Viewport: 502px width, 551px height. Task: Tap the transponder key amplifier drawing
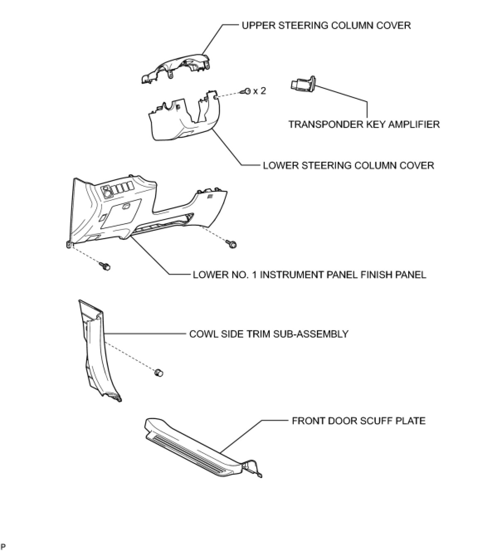pyautogui.click(x=302, y=84)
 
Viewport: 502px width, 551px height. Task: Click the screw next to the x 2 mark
pyautogui.click(x=247, y=91)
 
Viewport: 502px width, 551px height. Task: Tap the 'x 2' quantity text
pyautogui.click(x=259, y=90)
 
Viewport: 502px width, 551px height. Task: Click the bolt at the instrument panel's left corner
pyautogui.click(x=105, y=266)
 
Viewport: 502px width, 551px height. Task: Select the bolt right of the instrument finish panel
pyautogui.click(x=231, y=244)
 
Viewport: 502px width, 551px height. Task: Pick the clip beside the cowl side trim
pyautogui.click(x=158, y=373)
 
